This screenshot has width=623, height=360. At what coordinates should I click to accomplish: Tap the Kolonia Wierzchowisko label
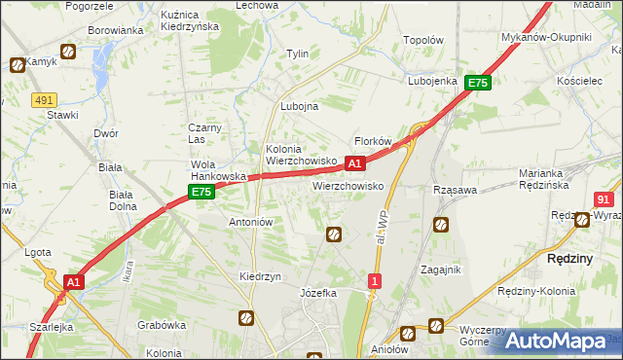(302, 154)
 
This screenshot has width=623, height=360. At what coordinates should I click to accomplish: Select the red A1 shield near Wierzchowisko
(355, 163)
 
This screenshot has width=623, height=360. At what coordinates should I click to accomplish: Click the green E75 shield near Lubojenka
(477, 84)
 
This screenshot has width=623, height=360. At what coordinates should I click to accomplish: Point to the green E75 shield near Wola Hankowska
(202, 193)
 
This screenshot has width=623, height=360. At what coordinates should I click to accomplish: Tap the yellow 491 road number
(44, 99)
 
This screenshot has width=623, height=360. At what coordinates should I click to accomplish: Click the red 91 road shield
(603, 198)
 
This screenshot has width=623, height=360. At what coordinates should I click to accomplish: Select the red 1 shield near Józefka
(375, 281)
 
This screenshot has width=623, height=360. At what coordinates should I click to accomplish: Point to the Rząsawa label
(455, 190)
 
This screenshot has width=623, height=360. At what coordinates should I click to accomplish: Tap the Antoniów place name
(250, 222)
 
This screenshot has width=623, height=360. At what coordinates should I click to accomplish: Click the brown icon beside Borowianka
(68, 52)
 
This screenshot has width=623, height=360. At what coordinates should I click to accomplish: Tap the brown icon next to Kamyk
(18, 65)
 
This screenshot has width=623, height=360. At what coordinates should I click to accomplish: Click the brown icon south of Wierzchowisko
(334, 234)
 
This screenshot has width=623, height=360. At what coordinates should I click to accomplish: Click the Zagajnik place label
(440, 270)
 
